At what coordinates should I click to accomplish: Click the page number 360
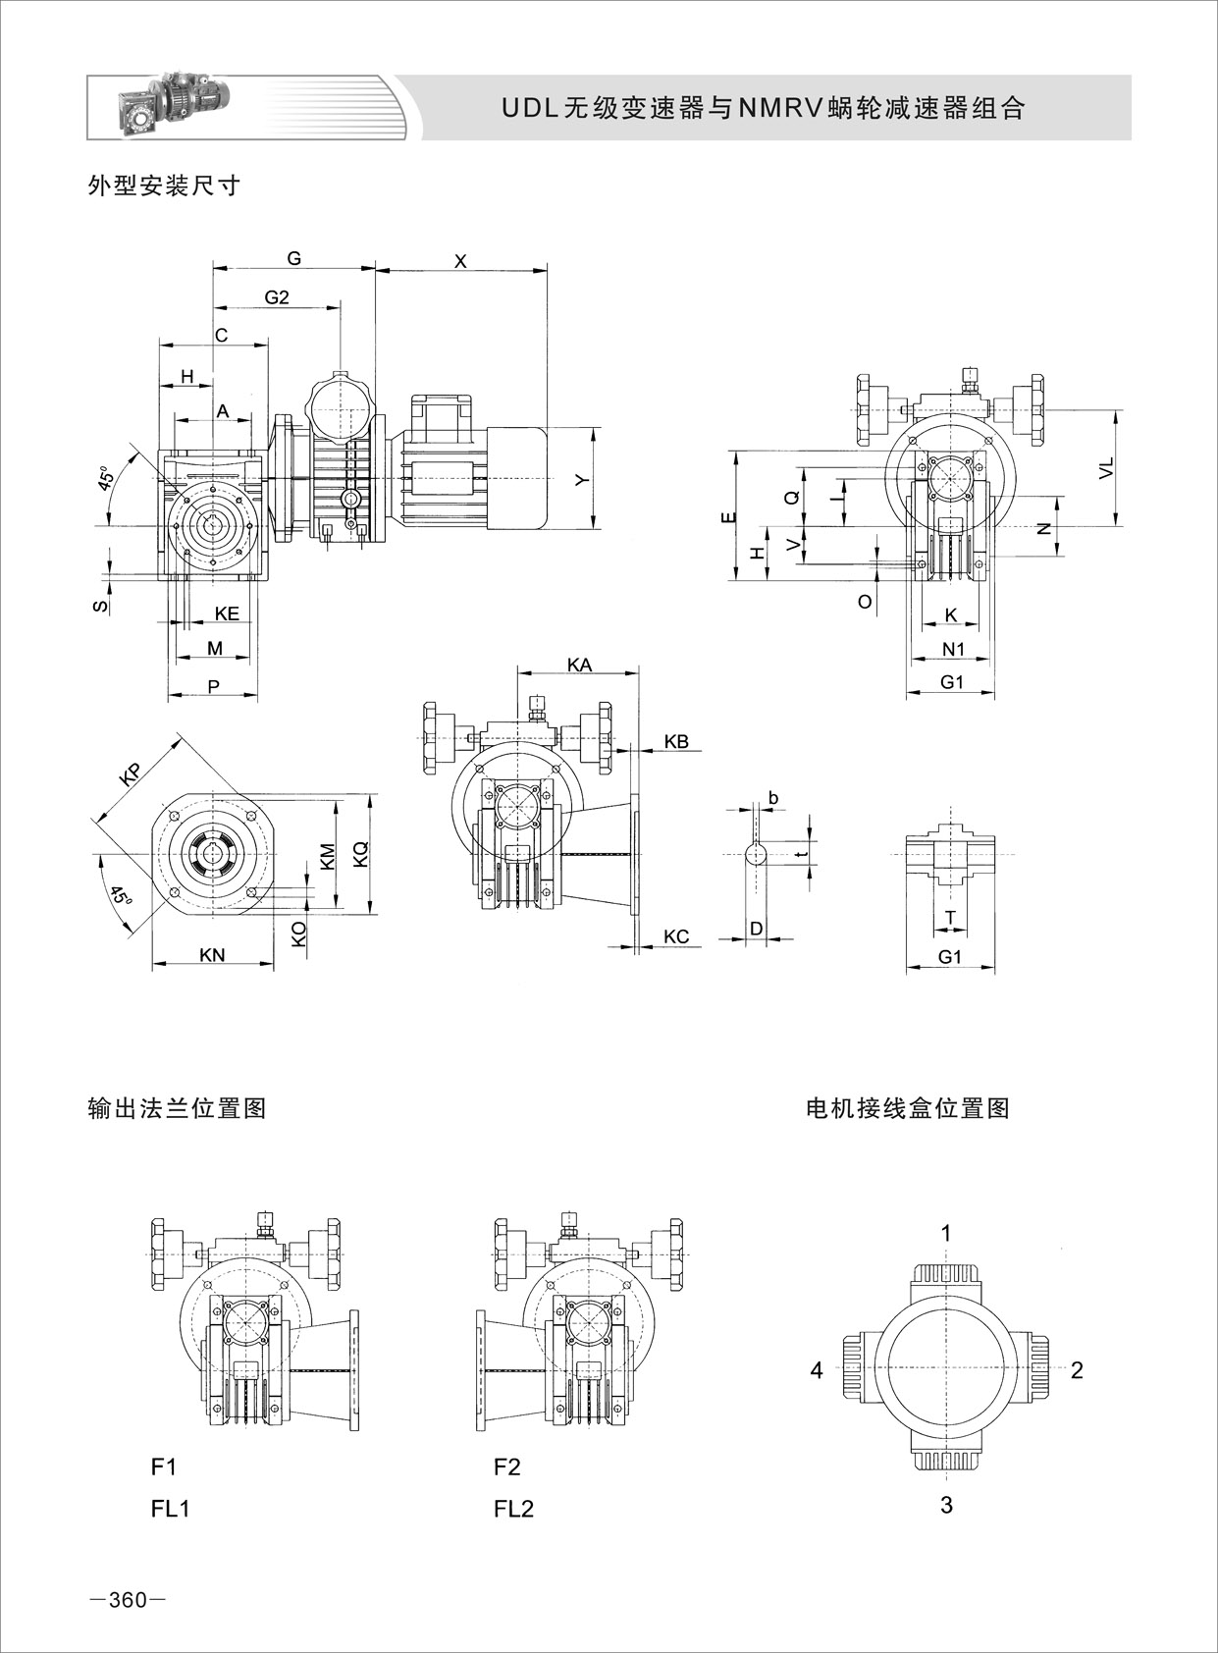(x=129, y=1601)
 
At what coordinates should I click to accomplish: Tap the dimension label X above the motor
(x=460, y=261)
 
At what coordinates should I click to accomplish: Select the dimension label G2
(x=277, y=297)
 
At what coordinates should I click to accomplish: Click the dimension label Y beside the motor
(x=581, y=479)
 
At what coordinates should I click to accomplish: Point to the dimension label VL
(x=1106, y=468)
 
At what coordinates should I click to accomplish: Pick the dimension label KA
(x=579, y=665)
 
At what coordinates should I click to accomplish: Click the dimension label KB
(x=676, y=741)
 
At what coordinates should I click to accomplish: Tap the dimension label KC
(x=676, y=936)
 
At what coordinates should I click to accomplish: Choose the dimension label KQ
(x=360, y=853)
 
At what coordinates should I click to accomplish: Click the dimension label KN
(x=212, y=954)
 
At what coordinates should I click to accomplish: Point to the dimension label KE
(x=227, y=613)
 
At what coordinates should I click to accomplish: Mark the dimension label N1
(x=953, y=648)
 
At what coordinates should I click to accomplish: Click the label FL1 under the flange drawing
(x=170, y=1509)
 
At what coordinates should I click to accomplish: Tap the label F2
(x=507, y=1466)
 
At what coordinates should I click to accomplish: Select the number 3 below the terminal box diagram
(x=946, y=1505)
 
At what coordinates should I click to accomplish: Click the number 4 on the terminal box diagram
(x=817, y=1370)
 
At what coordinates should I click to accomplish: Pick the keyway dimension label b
(x=773, y=798)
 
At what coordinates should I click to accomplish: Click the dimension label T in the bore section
(x=949, y=917)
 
